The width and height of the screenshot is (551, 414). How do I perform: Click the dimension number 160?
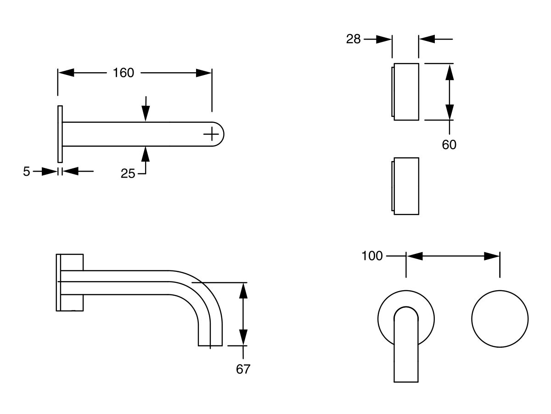pos(124,73)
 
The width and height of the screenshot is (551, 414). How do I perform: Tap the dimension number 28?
pos(354,39)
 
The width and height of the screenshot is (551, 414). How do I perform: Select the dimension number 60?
pos(449,144)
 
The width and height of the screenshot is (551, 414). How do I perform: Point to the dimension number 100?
pos(372,256)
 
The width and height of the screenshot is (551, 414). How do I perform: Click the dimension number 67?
pos(243,369)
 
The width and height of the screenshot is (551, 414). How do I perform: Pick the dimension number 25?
pos(128,173)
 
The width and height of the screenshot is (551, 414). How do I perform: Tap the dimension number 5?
pos(27,172)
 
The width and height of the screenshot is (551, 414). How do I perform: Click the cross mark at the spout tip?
pos(211,134)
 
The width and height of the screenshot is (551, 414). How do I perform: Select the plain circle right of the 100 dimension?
pos(500,318)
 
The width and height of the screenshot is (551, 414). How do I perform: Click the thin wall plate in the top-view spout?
pos(60,134)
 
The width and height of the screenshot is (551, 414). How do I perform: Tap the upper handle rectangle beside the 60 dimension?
pos(406,92)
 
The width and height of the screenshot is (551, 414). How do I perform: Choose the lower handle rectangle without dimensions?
pos(406,186)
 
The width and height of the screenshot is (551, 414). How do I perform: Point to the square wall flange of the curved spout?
pos(70,282)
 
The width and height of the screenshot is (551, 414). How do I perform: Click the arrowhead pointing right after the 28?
pos(384,40)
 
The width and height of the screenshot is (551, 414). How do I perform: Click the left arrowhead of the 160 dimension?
pos(66,73)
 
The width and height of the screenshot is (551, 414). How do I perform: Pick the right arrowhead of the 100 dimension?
pos(492,256)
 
